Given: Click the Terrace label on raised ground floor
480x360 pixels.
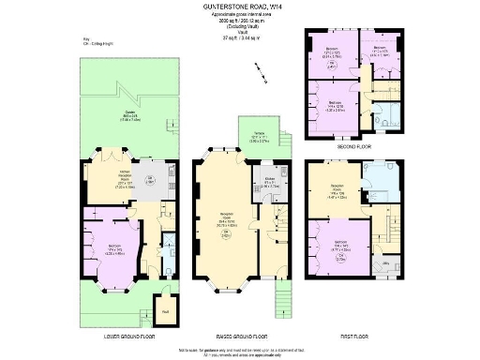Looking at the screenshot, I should point(261,139).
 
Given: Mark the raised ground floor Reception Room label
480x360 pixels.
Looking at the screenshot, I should point(227,222).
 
